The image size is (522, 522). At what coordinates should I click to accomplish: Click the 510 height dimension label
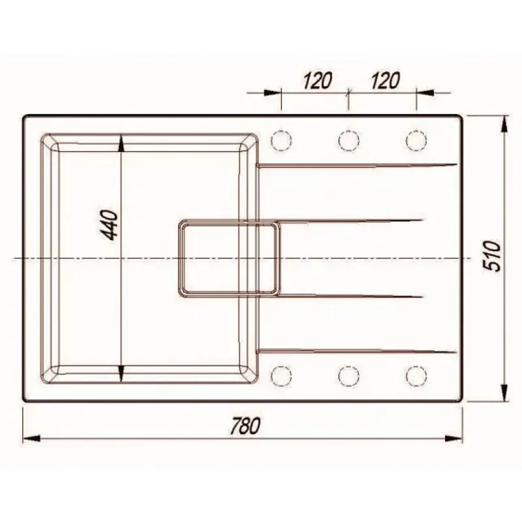click(493, 256)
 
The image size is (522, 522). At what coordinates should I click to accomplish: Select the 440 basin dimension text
click(110, 224)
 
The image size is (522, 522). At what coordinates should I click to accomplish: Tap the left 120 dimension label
click(317, 80)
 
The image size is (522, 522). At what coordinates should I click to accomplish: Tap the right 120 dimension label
click(385, 80)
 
